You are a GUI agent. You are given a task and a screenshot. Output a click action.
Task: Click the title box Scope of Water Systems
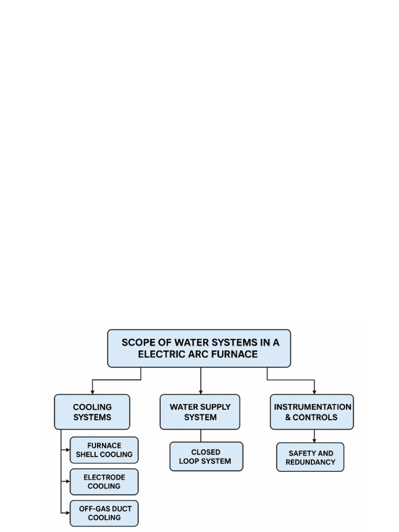coord(199,348)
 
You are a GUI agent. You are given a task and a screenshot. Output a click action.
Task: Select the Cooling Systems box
coord(92,412)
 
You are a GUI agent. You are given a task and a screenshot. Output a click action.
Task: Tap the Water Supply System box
coord(200,412)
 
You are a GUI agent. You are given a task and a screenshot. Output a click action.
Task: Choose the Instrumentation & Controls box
coord(312,412)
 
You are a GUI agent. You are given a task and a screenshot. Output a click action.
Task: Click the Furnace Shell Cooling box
coord(104,450)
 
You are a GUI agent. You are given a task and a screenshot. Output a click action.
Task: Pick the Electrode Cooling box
coord(104,482)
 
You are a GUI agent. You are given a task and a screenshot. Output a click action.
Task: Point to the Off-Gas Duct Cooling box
coord(104,513)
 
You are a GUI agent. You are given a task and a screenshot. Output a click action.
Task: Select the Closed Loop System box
coord(206,457)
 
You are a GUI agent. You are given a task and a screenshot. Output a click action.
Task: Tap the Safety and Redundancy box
coord(310,457)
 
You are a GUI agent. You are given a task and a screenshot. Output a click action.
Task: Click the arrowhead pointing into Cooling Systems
coord(92,392)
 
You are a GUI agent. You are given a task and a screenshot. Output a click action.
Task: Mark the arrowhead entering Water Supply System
coord(201,392)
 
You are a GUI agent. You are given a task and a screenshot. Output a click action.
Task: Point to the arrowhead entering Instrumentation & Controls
coord(314,392)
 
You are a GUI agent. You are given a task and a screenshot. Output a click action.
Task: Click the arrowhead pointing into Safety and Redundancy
coord(314,440)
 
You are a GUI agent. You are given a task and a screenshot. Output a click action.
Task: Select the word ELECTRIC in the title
coord(161,354)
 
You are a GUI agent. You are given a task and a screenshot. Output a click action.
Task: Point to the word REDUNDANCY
coord(310,462)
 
